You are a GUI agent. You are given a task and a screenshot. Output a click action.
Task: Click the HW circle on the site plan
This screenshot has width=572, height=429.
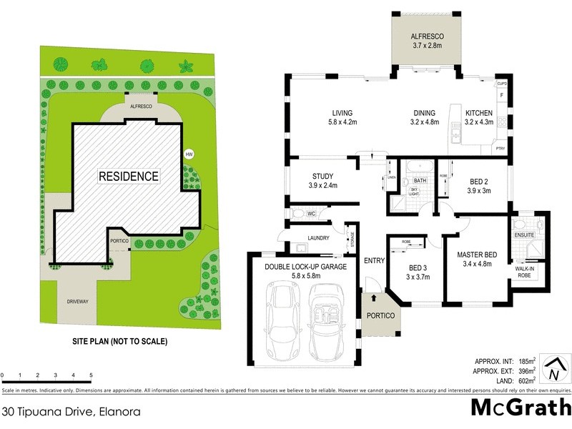click(189, 154)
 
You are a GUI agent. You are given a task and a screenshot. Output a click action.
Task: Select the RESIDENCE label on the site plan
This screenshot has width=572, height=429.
click(129, 176)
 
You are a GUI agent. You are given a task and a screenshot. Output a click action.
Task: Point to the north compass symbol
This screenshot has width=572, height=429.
click(553, 370)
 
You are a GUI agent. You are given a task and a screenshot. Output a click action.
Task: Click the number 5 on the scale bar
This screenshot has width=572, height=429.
click(91, 375)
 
